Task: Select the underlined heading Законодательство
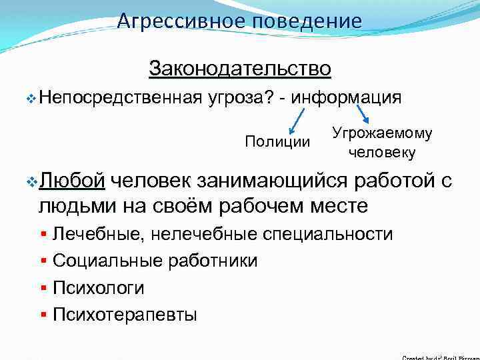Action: (240, 68)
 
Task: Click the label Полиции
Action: (277, 141)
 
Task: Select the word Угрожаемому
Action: (381, 133)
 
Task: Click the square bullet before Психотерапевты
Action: (43, 314)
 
